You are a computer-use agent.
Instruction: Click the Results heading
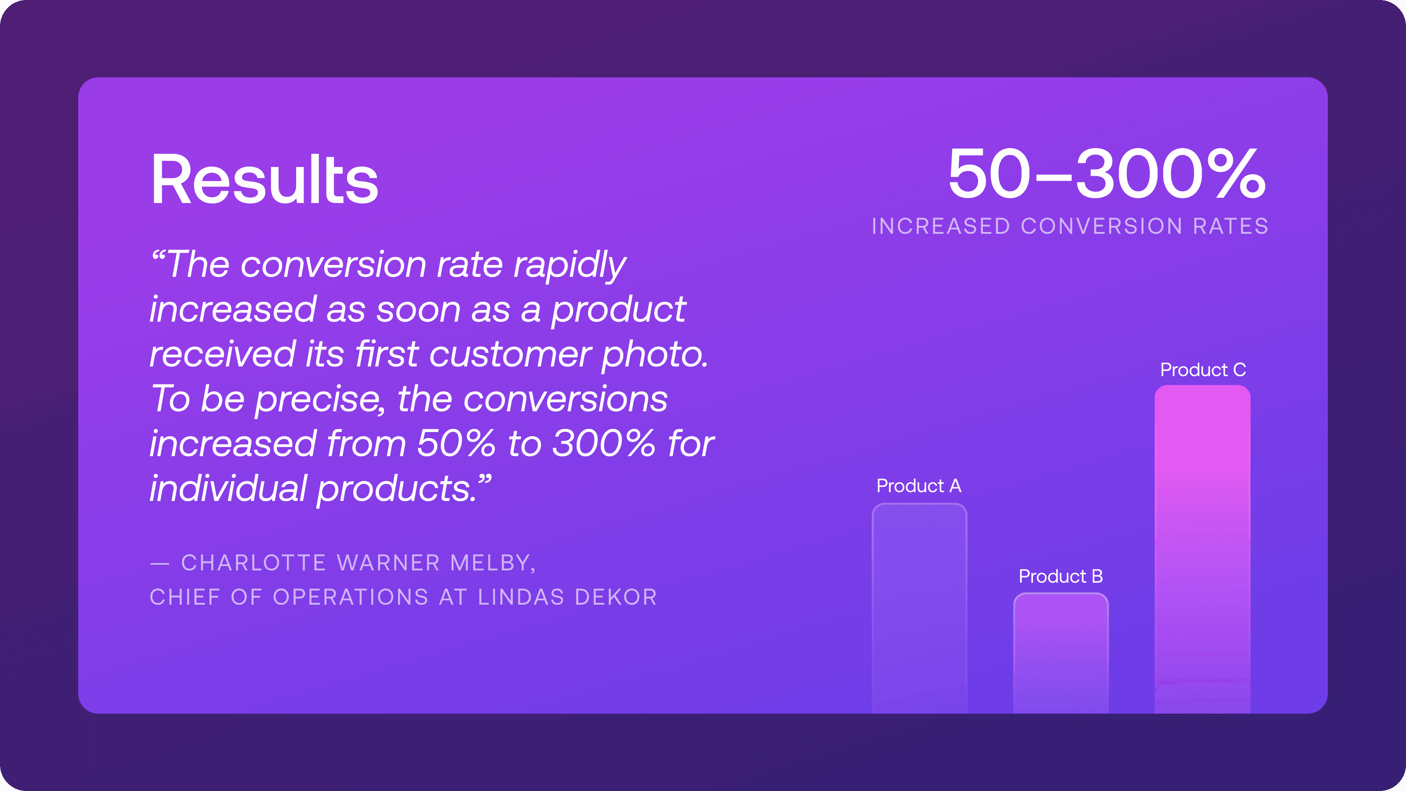tap(264, 179)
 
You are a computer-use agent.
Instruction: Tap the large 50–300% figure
tap(1107, 174)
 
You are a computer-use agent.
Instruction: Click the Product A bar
tap(919, 608)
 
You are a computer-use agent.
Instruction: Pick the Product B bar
tap(1061, 653)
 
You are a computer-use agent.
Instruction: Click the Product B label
tap(1061, 576)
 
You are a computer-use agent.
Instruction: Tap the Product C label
tap(1203, 370)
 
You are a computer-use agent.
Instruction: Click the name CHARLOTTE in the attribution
tap(254, 563)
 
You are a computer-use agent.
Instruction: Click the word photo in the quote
tap(654, 355)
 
